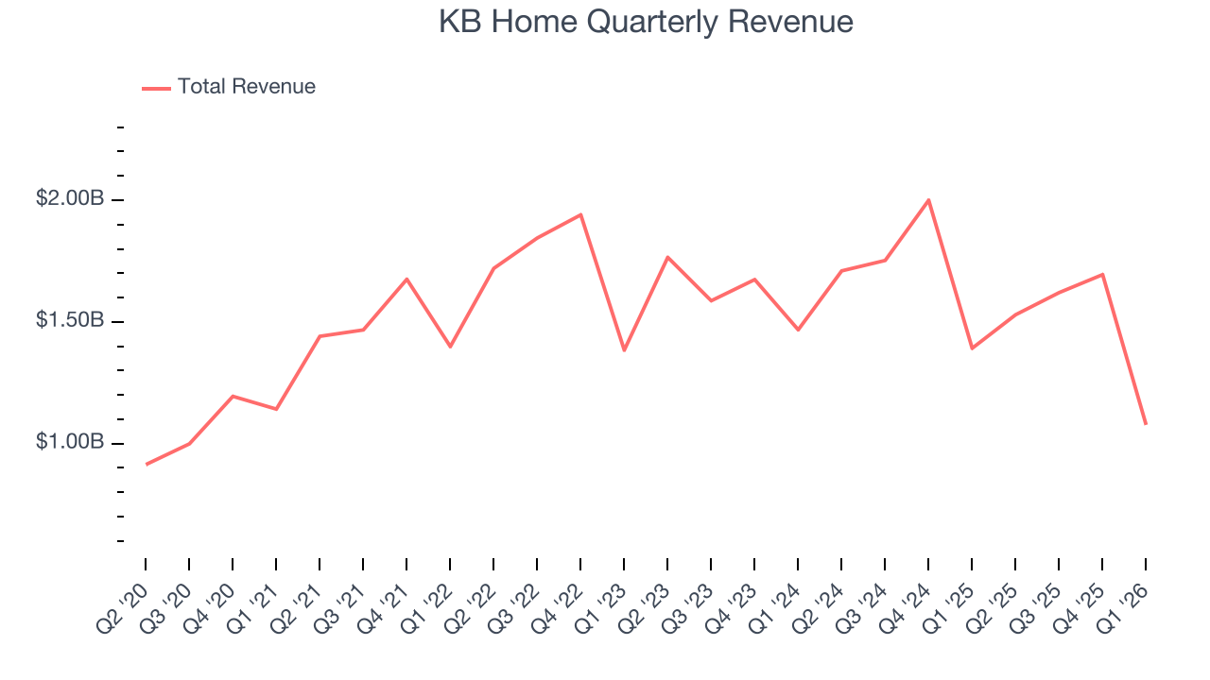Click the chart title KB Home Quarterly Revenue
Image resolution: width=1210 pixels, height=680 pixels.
[x=646, y=22]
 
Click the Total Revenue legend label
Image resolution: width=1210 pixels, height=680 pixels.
[x=246, y=87]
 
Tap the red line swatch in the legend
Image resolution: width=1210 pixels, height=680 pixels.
[x=156, y=88]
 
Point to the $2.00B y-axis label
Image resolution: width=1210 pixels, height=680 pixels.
[x=70, y=199]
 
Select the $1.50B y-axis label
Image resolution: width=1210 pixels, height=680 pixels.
[x=70, y=321]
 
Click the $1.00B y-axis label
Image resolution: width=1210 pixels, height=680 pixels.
[x=70, y=442]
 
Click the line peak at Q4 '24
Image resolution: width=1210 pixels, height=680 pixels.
[x=928, y=200]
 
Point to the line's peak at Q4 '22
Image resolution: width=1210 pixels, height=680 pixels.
[x=580, y=214]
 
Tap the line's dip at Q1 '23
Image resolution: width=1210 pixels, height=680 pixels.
[x=624, y=350]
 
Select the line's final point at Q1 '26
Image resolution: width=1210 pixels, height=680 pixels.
[x=1146, y=424]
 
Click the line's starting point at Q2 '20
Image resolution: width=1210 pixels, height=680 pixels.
[x=146, y=464]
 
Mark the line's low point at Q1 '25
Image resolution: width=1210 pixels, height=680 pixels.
[x=972, y=348]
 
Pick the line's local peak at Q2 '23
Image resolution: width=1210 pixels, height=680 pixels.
[x=667, y=257]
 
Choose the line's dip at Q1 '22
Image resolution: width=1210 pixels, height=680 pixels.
[x=450, y=347]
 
